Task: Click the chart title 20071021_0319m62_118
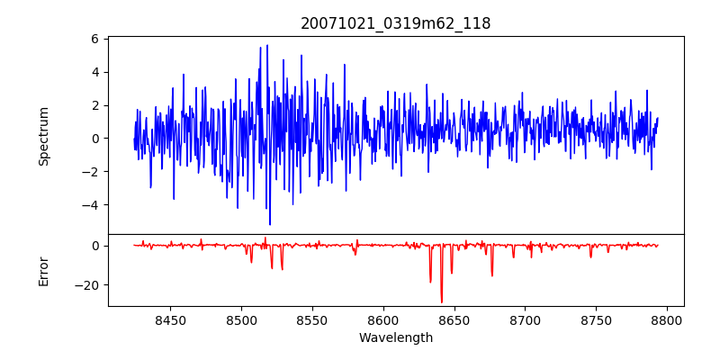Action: [396, 23]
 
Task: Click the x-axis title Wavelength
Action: [396, 337]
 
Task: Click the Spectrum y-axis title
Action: [43, 136]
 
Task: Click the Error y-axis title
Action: [43, 271]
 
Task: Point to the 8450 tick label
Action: [171, 320]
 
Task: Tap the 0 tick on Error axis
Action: [94, 246]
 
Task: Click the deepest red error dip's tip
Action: [441, 302]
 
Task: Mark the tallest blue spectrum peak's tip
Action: [267, 45]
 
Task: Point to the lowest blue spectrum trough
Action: [269, 224]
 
